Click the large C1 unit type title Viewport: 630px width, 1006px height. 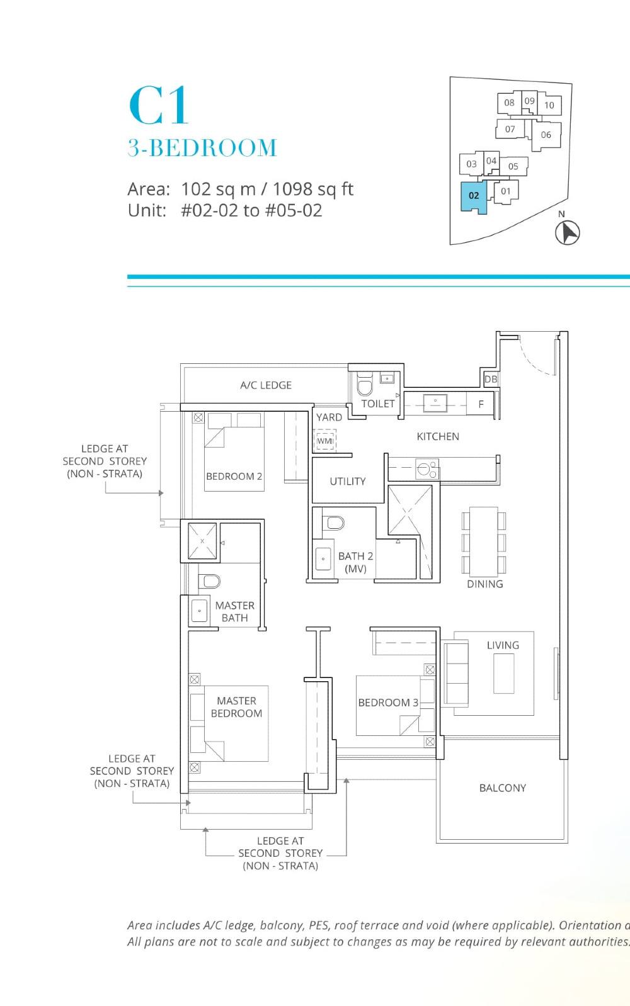(x=158, y=106)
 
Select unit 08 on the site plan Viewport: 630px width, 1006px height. (x=509, y=103)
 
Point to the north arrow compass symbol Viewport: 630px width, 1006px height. (x=567, y=232)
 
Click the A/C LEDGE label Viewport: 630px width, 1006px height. (x=266, y=385)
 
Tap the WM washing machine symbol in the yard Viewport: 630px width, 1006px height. (x=324, y=441)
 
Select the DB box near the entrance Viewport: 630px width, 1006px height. (x=491, y=379)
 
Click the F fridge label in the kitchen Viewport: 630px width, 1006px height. (x=481, y=404)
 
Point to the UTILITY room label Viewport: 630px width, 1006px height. (x=347, y=482)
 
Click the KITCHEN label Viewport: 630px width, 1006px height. (x=438, y=436)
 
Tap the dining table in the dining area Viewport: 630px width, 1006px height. (x=483, y=541)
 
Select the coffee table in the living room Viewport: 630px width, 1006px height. (x=504, y=674)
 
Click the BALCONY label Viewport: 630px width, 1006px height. (x=502, y=788)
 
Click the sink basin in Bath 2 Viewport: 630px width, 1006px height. (x=323, y=558)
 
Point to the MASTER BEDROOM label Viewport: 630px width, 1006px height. (x=236, y=707)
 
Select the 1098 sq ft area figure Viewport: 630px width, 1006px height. (x=313, y=189)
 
